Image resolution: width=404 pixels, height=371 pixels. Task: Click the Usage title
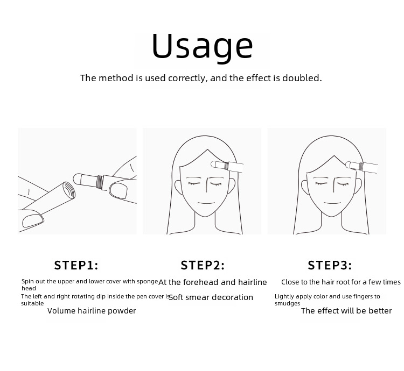point(202,47)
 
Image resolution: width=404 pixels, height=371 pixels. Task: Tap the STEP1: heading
point(76,265)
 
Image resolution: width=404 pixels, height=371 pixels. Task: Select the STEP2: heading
point(203,265)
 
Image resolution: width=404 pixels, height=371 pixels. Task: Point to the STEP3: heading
point(330,265)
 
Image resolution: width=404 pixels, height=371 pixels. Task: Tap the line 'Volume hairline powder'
point(92,311)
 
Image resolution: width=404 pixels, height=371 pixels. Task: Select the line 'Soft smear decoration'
point(211,297)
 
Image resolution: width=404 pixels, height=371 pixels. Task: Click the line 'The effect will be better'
point(346,311)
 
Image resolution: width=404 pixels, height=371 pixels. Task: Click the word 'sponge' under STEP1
point(148,282)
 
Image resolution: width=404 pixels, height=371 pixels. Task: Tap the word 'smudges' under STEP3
point(287,303)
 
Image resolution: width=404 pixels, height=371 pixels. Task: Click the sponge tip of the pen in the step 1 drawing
point(78,179)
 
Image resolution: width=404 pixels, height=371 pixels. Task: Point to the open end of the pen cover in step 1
point(69,190)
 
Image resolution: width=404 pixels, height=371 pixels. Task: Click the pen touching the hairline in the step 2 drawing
point(227,166)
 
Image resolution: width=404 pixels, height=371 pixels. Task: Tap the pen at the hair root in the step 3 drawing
point(361,166)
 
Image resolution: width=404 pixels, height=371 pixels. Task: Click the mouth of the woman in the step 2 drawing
point(206,203)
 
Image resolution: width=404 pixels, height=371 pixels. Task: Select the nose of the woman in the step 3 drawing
point(333,185)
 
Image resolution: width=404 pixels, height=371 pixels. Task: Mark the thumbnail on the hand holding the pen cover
point(33,220)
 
